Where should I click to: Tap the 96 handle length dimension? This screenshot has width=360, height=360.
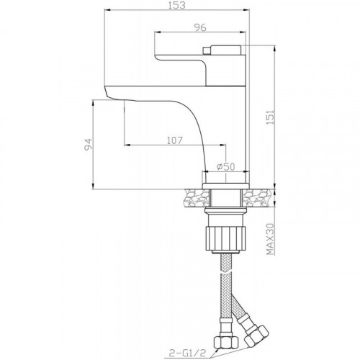[200, 27]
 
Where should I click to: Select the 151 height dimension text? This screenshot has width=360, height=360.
[270, 117]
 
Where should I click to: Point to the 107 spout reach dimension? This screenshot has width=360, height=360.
[175, 140]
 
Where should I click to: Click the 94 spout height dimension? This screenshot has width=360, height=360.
[88, 144]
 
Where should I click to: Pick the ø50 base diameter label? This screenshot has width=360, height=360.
[225, 166]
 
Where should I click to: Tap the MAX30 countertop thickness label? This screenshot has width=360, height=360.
[270, 239]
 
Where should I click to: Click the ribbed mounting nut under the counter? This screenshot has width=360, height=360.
[225, 238]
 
